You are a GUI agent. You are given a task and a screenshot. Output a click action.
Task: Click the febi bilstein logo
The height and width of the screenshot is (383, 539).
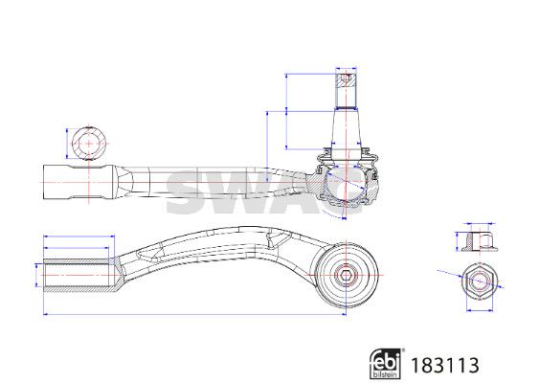tap(387, 364)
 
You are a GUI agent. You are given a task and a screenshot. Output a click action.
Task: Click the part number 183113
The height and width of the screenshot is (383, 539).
tap(445, 366)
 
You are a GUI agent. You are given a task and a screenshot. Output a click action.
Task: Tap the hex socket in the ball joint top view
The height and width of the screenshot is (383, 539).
tap(345, 275)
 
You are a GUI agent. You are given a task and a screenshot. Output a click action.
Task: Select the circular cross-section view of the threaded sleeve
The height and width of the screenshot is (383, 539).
tap(89, 144)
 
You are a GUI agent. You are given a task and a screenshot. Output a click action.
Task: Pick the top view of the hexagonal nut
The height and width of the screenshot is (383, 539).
tap(480, 282)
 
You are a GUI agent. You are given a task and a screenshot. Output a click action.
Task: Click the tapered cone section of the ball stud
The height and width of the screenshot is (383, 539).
tap(346, 129)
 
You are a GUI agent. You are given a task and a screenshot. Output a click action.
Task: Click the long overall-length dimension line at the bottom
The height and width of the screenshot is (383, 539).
tap(194, 314)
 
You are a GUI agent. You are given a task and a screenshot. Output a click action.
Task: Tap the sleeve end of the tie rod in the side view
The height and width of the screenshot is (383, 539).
tap(79, 182)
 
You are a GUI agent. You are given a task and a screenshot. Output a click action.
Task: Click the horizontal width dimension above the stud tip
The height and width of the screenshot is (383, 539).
tap(346, 69)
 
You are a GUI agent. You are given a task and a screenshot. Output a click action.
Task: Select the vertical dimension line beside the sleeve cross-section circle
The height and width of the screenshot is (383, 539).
tap(67, 144)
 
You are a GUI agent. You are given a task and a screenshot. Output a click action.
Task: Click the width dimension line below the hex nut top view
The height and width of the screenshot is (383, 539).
tap(480, 310)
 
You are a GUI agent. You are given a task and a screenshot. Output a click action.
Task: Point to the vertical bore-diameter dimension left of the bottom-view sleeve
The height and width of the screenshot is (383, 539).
tap(36, 276)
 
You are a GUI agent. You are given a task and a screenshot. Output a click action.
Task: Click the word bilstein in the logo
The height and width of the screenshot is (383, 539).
tap(385, 374)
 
